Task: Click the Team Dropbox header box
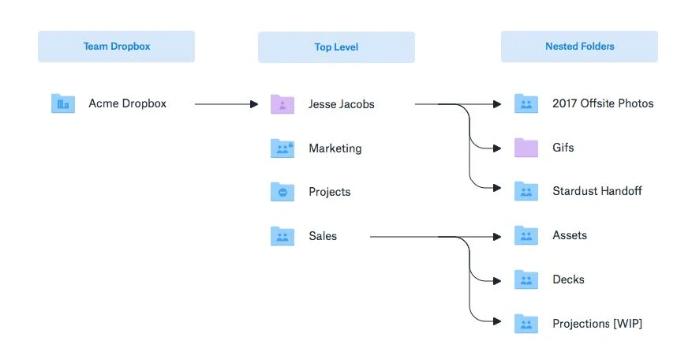click(116, 47)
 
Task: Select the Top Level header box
click(336, 47)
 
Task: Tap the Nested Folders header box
click(579, 47)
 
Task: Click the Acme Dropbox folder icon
click(62, 103)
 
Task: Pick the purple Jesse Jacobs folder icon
click(282, 104)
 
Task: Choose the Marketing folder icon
click(282, 148)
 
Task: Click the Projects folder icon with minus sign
click(282, 192)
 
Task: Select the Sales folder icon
click(282, 236)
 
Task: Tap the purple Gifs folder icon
click(526, 148)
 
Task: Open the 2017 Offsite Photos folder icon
click(526, 103)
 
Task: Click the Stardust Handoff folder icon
click(526, 191)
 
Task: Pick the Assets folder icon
click(526, 235)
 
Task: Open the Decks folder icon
click(526, 279)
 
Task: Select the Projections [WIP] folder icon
click(526, 324)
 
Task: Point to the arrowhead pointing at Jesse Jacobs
click(254, 104)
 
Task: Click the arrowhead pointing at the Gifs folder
click(497, 148)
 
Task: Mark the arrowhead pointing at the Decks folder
click(497, 281)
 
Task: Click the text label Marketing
click(335, 148)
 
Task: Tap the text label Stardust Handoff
click(597, 191)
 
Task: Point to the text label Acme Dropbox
click(128, 103)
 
